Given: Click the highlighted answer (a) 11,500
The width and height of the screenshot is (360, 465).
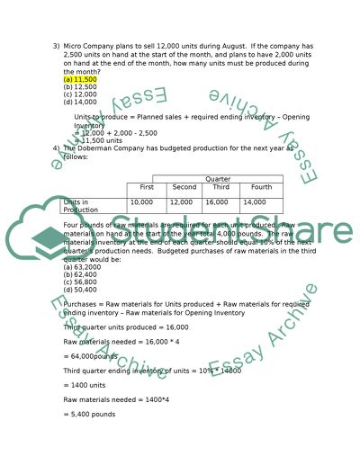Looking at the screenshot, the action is [x=80, y=79].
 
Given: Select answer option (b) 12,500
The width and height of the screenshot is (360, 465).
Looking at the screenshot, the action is [x=80, y=87].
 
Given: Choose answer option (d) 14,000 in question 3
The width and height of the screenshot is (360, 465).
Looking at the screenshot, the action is [x=80, y=103].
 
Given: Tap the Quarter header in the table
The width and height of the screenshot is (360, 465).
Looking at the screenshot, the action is [x=218, y=179].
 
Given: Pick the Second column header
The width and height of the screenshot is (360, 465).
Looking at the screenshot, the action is [x=183, y=187].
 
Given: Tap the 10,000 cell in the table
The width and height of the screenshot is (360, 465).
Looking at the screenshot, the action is [x=142, y=202].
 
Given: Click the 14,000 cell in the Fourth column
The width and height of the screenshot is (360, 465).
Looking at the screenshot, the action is [x=255, y=202].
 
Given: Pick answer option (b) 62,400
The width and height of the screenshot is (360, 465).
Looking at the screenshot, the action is [x=80, y=274].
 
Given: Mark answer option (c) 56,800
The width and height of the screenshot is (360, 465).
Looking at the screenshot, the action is [x=80, y=282].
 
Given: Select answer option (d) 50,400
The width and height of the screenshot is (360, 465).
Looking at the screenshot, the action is [x=80, y=290].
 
